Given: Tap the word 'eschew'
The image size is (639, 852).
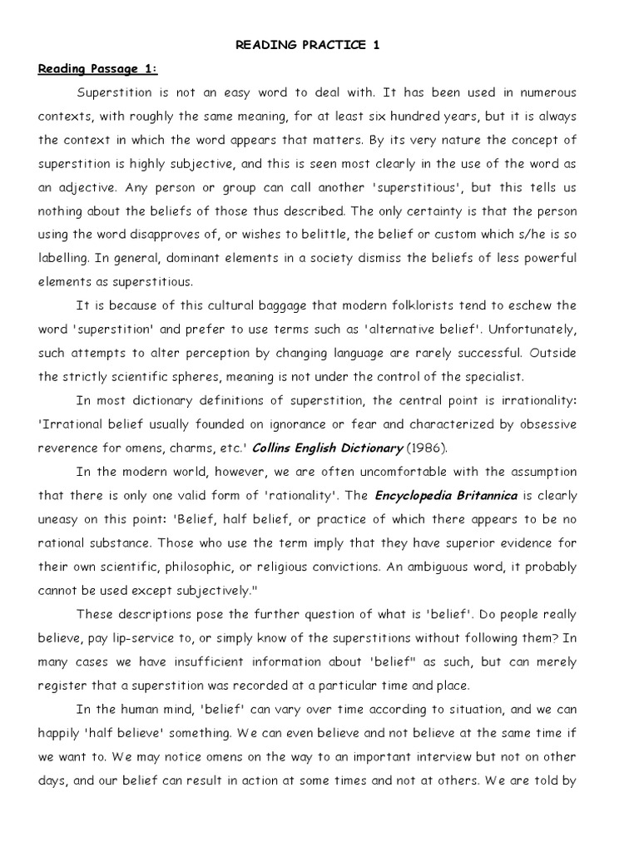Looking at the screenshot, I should (x=528, y=305).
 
